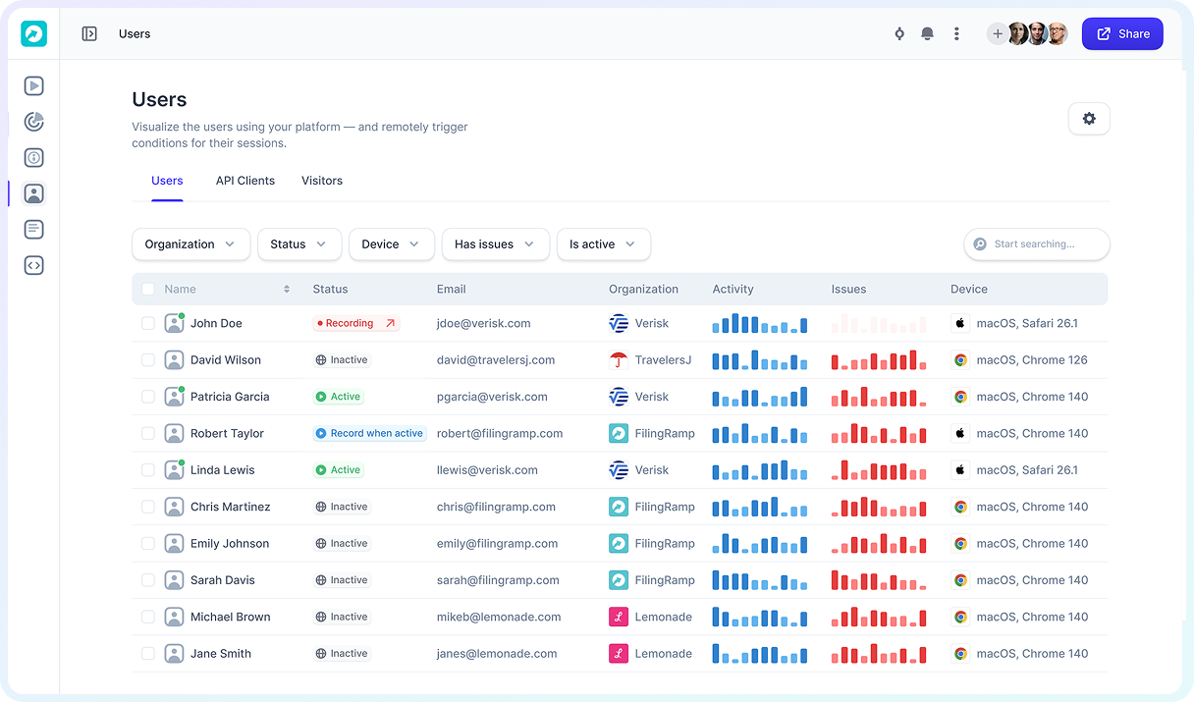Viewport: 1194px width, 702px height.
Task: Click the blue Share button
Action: (1122, 33)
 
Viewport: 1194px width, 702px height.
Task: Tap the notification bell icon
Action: (927, 33)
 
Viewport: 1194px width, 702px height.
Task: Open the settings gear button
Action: (1089, 119)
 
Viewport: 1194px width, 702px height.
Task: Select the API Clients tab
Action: (245, 181)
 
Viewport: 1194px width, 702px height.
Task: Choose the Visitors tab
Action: (322, 181)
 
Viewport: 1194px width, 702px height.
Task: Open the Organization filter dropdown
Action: (190, 244)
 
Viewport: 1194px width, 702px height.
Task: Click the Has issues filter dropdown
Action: (495, 244)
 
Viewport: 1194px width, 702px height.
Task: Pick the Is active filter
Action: (603, 244)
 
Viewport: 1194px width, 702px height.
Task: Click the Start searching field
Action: (1041, 244)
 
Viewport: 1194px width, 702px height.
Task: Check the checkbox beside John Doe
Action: (148, 323)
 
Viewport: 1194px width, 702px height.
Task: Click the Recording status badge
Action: (355, 323)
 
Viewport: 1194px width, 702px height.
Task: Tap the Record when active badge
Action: (369, 433)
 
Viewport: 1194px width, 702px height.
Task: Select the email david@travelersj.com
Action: (496, 360)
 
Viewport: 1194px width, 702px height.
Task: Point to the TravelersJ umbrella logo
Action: (619, 360)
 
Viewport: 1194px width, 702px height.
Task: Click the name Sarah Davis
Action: (223, 580)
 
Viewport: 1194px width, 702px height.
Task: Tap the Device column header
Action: (969, 290)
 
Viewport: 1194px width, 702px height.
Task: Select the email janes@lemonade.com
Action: (497, 654)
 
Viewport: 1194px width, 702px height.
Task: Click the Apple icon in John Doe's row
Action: (960, 323)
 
